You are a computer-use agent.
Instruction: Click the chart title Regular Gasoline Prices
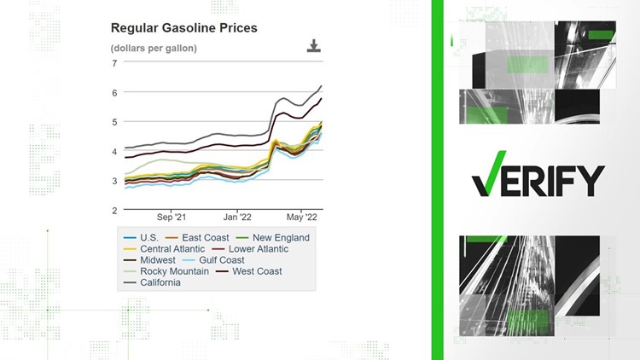point(183,28)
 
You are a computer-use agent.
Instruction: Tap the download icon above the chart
point(314,46)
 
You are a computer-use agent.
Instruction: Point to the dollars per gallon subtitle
point(154,48)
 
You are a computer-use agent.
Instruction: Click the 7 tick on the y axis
point(114,63)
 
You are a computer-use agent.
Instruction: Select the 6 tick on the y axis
point(114,92)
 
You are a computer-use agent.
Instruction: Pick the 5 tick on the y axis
point(114,122)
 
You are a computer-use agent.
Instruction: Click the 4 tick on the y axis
point(114,151)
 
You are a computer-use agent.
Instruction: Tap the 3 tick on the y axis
point(114,181)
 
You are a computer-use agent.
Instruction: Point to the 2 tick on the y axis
point(114,210)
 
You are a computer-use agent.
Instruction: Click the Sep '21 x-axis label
point(172,217)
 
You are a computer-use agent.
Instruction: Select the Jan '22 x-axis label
point(237,217)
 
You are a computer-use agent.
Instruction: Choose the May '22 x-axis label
point(300,217)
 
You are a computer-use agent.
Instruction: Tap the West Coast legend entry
point(252,271)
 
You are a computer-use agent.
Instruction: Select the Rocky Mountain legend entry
point(170,271)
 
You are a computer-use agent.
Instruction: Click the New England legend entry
point(279,238)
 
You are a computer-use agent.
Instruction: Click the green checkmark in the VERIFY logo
point(486,180)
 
